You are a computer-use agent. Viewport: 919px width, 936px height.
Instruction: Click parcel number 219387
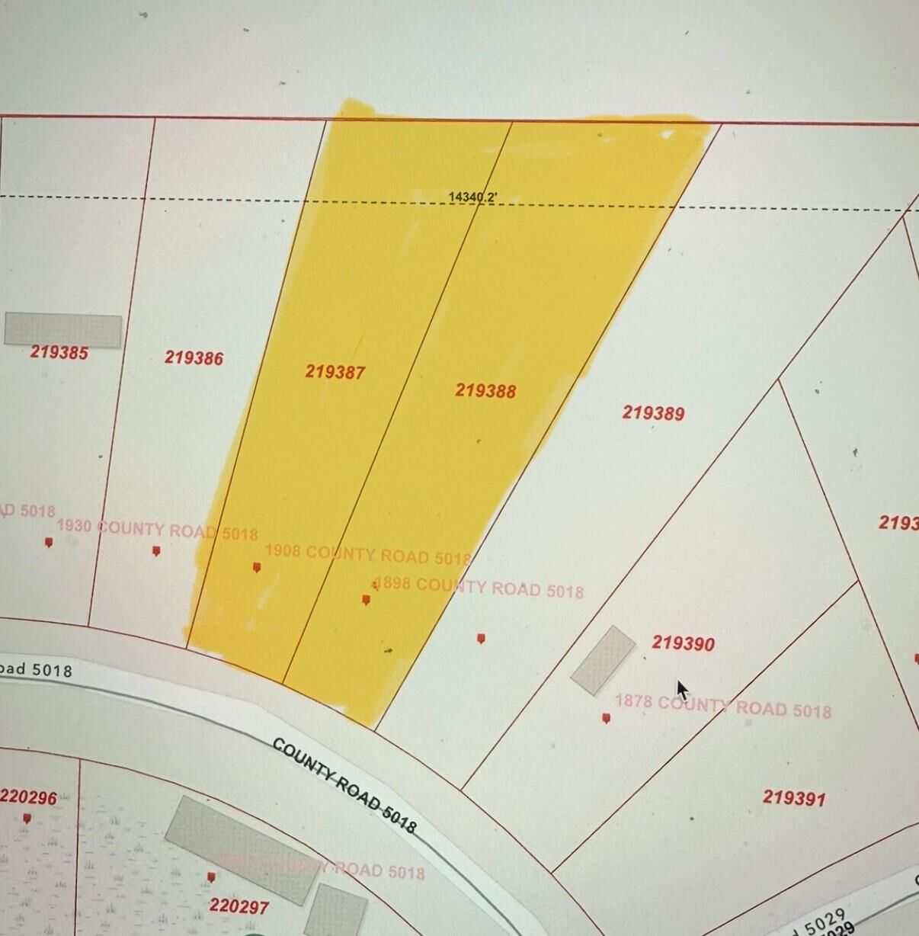(x=335, y=372)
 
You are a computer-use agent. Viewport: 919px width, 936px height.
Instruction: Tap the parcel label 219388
(x=485, y=391)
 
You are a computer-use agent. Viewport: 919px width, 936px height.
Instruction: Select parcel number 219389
(x=653, y=413)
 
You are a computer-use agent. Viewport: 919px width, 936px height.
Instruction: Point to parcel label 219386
(x=194, y=357)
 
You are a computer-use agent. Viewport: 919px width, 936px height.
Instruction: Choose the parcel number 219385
(x=59, y=352)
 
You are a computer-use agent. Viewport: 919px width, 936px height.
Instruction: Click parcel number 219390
(x=683, y=644)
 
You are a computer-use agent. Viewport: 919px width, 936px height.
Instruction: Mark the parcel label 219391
(x=793, y=798)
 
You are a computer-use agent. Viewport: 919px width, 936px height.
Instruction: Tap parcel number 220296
(x=28, y=797)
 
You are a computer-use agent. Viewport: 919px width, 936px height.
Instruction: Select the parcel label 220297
(x=239, y=906)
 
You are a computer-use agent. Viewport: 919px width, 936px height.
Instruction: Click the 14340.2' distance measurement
(x=472, y=197)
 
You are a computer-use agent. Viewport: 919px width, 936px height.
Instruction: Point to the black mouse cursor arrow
(x=682, y=690)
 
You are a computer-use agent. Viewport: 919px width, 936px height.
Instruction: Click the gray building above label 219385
(x=63, y=330)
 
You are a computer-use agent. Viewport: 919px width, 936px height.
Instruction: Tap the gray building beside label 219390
(x=604, y=660)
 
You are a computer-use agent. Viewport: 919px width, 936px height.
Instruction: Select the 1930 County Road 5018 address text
(x=157, y=530)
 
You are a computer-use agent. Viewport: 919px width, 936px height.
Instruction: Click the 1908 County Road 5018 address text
(x=367, y=554)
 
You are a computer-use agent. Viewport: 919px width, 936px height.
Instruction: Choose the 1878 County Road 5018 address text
(x=722, y=706)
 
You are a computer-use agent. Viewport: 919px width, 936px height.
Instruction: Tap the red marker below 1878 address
(x=606, y=718)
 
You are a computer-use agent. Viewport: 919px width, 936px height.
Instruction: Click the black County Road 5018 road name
(x=344, y=786)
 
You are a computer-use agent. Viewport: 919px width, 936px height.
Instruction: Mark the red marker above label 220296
(x=27, y=819)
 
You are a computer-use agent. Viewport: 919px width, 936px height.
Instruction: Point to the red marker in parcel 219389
(x=481, y=639)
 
